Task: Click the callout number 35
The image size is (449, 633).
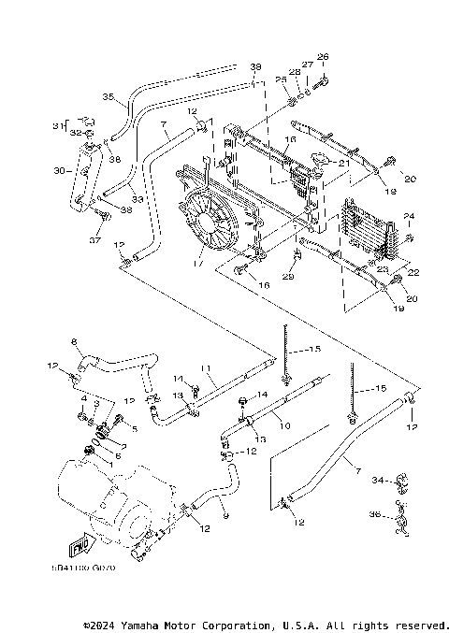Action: pyautogui.click(x=108, y=96)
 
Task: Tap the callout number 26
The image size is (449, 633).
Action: pyautogui.click(x=325, y=57)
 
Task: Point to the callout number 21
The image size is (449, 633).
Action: pyautogui.click(x=345, y=163)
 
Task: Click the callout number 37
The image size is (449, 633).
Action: pyautogui.click(x=94, y=239)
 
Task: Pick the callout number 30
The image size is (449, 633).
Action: pyautogui.click(x=60, y=171)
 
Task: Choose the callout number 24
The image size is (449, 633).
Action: pyautogui.click(x=408, y=217)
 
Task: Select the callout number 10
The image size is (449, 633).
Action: pyautogui.click(x=285, y=424)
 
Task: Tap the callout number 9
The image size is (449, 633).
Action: pyautogui.click(x=222, y=513)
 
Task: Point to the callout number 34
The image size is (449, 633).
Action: pyautogui.click(x=377, y=481)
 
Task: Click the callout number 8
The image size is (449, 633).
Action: pyautogui.click(x=74, y=342)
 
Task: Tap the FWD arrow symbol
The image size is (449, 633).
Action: pyautogui.click(x=82, y=542)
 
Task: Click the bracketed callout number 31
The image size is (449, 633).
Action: pyautogui.click(x=55, y=126)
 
